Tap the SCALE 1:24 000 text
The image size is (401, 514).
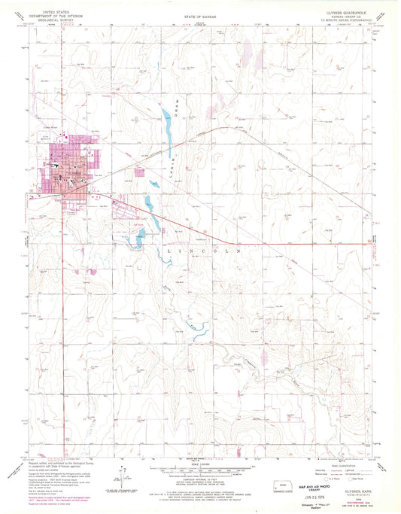pyautogui.click(x=199, y=461)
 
